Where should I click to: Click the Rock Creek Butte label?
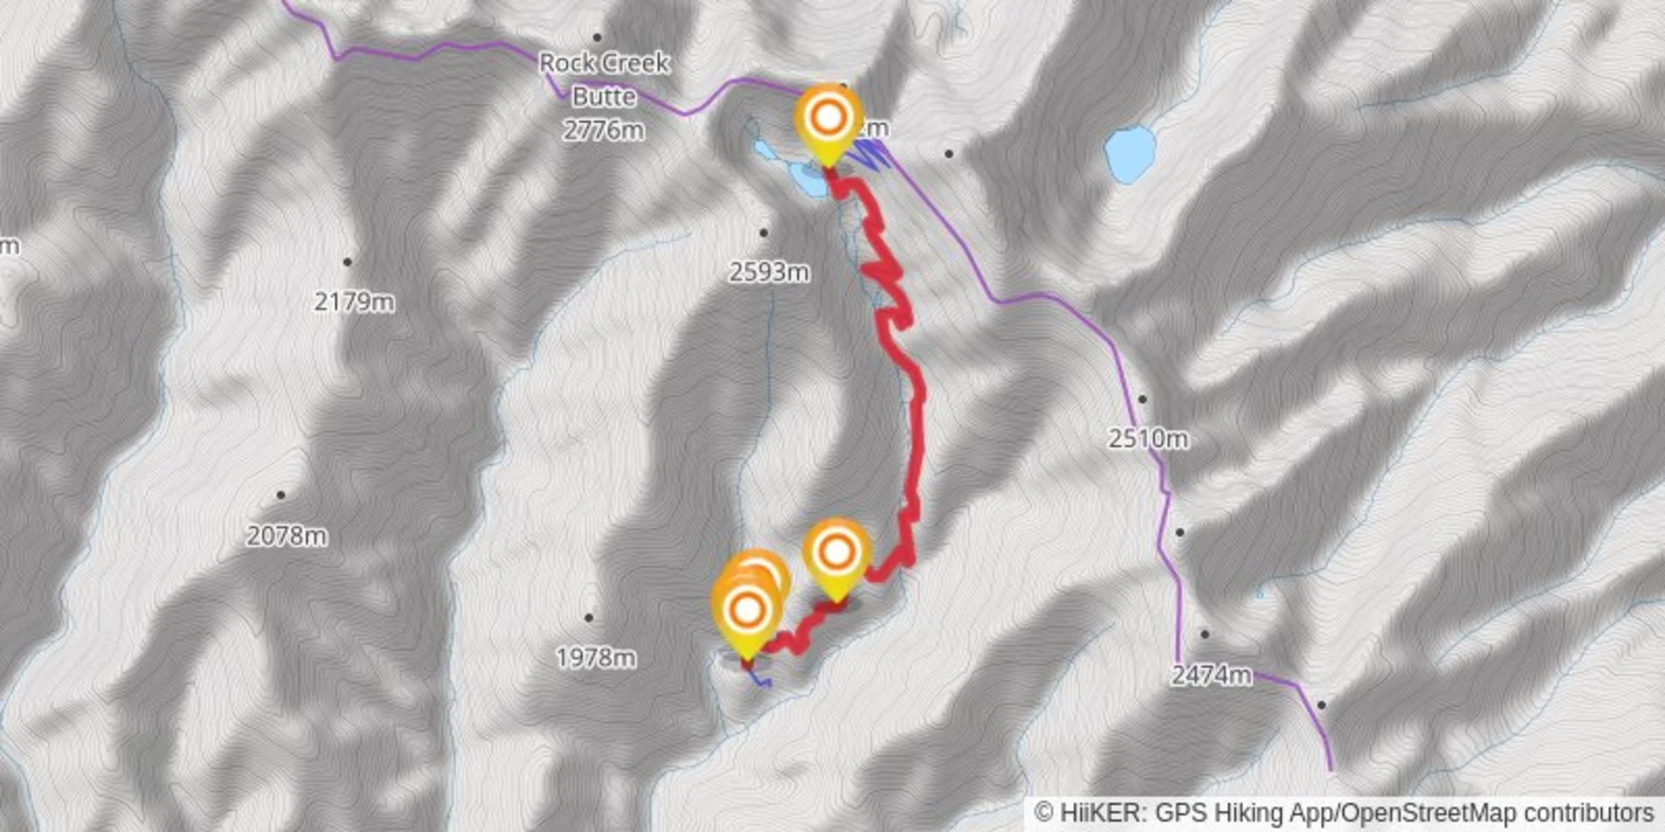[604, 79]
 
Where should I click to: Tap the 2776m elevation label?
[604, 130]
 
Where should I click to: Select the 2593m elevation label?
[769, 271]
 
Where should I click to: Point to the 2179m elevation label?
[354, 301]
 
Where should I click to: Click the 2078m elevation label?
[287, 535]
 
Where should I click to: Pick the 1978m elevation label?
[595, 657]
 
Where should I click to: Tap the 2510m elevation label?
[1148, 438]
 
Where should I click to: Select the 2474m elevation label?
[1211, 674]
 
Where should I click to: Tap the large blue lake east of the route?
[1129, 154]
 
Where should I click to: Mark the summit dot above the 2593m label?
[764, 233]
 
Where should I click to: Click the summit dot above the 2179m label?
[347, 262]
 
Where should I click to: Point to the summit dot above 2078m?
[281, 495]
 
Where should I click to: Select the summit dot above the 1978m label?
[589, 618]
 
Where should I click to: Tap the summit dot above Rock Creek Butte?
[597, 37]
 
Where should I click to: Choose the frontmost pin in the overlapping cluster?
[747, 613]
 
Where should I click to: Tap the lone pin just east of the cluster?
[836, 554]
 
